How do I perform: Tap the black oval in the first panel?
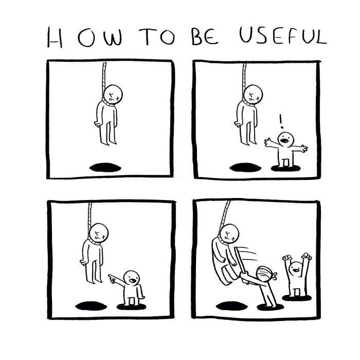click(x=104, y=167)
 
